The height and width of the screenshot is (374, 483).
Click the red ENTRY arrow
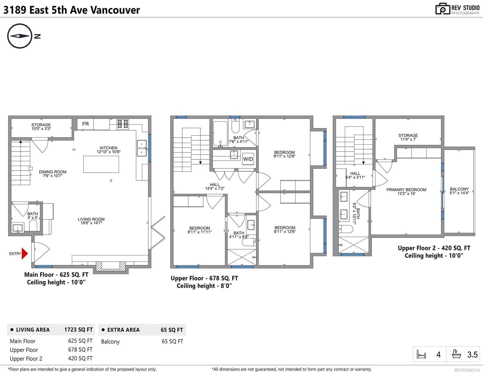(x=25, y=254)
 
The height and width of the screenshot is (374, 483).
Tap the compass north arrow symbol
(x=20, y=36)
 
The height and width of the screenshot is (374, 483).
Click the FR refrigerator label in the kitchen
(x=85, y=124)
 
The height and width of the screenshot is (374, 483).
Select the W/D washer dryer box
(x=248, y=159)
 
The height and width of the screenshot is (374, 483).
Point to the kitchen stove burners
(x=123, y=124)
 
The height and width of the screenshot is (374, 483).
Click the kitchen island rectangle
(x=101, y=164)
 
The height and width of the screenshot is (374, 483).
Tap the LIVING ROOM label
(x=91, y=219)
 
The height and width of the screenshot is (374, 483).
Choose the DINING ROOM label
(x=53, y=172)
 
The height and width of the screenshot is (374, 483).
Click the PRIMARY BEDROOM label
(x=406, y=190)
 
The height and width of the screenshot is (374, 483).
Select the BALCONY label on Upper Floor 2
(x=459, y=189)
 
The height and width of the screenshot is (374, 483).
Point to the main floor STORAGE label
(x=41, y=125)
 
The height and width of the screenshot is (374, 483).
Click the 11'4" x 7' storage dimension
(x=408, y=139)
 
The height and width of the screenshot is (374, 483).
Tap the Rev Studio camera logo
(x=443, y=9)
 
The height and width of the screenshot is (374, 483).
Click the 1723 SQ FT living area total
(x=78, y=330)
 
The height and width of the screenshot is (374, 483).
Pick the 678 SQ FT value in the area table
(x=80, y=350)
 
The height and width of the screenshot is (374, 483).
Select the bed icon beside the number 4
(x=421, y=354)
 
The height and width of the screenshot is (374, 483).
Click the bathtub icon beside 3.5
(x=456, y=354)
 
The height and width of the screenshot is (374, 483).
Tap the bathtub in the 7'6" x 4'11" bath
(x=220, y=133)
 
